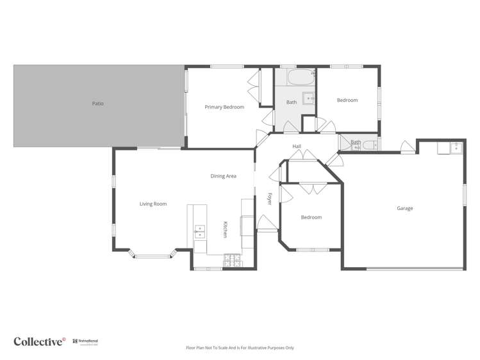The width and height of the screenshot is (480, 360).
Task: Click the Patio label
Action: click(x=97, y=103)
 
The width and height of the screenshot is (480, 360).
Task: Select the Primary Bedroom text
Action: click(x=224, y=107)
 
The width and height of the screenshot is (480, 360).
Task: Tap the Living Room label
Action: click(x=153, y=204)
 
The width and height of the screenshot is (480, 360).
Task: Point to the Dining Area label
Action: click(x=223, y=176)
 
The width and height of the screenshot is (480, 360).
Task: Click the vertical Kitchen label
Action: click(x=225, y=229)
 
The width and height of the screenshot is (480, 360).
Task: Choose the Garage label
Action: click(x=404, y=208)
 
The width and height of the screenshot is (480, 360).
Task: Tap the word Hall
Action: click(x=297, y=147)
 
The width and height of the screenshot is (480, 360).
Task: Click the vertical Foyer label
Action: click(x=270, y=199)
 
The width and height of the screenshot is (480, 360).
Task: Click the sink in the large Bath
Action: click(x=308, y=99)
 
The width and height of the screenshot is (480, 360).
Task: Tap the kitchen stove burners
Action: click(x=231, y=260)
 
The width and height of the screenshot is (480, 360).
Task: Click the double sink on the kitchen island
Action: click(x=199, y=231)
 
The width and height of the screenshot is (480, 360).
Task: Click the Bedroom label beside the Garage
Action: click(x=311, y=217)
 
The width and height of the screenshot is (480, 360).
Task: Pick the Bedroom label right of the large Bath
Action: click(x=347, y=100)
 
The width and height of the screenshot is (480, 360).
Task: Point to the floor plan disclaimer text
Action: click(x=240, y=348)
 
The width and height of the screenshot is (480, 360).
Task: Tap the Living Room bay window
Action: click(x=153, y=256)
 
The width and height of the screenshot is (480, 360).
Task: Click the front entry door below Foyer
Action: click(x=266, y=223)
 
